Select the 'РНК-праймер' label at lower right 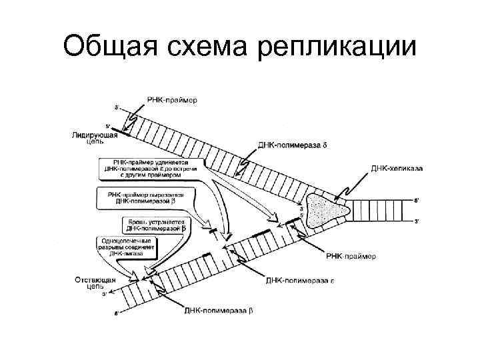coord(351,256)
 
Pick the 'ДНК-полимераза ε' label coord(300,281)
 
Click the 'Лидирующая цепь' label coord(94,138)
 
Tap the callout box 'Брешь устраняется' coord(155,224)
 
